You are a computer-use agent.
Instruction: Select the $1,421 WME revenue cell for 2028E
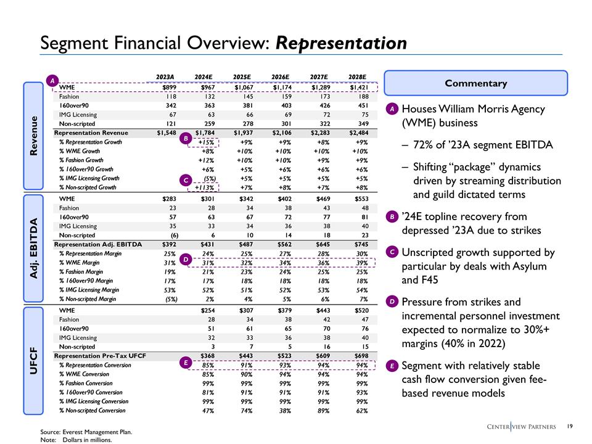(358, 87)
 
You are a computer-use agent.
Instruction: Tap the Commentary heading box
(475, 83)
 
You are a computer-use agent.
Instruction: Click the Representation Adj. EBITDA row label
(95, 245)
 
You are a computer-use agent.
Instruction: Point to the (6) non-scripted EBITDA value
(171, 236)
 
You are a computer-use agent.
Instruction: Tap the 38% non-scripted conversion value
(284, 410)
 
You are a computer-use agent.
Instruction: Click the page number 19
(570, 426)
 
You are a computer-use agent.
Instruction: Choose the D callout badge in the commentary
(391, 302)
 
